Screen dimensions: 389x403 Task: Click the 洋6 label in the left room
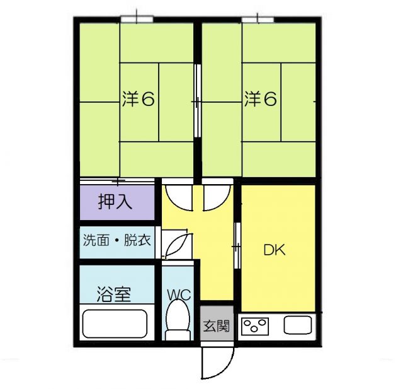coord(139,100)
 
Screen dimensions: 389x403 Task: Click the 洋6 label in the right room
coord(261,100)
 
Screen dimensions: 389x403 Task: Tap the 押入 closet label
coord(115,202)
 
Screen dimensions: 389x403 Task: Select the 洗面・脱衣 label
coord(116,240)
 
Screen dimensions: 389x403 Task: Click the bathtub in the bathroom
coord(115,323)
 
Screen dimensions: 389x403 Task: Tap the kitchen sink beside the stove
coord(297,326)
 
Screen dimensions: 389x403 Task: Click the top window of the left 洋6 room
coord(137,20)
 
